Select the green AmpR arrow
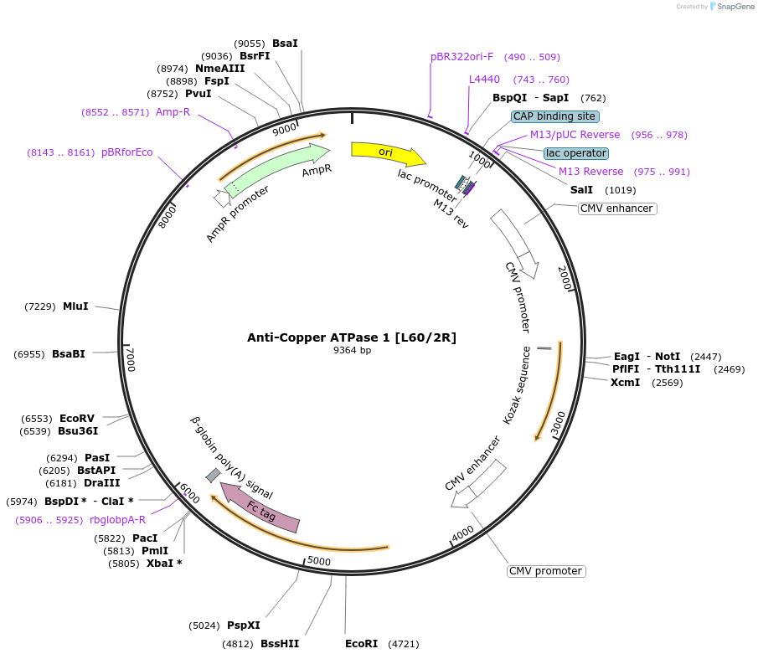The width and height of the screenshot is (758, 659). [x=276, y=167]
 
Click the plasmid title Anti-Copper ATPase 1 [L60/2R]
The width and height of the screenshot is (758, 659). [x=352, y=337]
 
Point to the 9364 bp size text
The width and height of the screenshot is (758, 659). [x=352, y=351]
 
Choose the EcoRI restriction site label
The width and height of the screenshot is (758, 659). [x=361, y=644]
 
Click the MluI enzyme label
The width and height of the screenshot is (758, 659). [x=75, y=306]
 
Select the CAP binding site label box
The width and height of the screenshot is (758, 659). [x=555, y=116]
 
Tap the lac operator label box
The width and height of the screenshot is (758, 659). [x=575, y=153]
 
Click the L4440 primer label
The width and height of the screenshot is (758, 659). [x=484, y=80]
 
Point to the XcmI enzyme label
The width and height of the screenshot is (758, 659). [x=625, y=383]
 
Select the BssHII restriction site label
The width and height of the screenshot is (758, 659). [x=280, y=644]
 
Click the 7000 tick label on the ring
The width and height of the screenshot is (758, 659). [x=130, y=360]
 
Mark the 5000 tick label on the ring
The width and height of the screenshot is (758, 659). [x=319, y=561]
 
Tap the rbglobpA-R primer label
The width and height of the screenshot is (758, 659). [x=117, y=520]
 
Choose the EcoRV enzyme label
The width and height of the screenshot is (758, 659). [x=77, y=418]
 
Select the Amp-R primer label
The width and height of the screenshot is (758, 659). [x=173, y=111]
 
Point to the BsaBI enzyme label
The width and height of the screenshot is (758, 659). [x=69, y=354]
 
